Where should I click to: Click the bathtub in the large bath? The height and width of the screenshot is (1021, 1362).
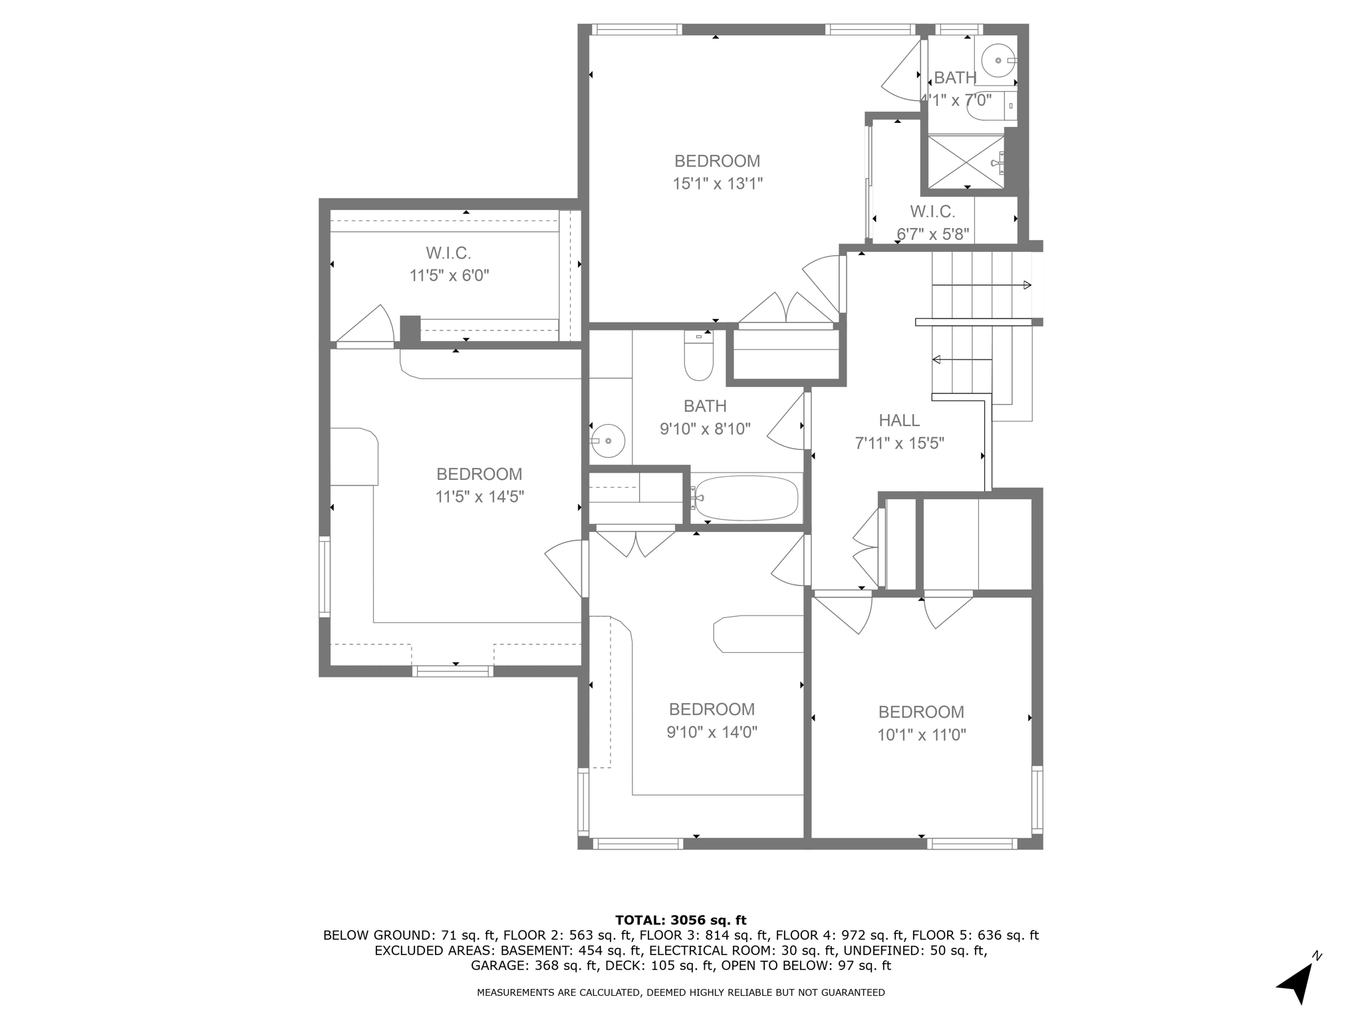[745, 499]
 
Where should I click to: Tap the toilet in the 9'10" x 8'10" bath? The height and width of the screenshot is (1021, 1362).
[698, 357]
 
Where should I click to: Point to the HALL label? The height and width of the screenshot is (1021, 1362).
[899, 420]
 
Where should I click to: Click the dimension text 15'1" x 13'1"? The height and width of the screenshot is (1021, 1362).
[717, 183]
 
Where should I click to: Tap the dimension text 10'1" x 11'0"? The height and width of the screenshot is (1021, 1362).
[921, 735]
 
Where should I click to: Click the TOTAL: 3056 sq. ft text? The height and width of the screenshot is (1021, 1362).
[680, 920]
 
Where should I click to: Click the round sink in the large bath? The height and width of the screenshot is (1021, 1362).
[609, 441]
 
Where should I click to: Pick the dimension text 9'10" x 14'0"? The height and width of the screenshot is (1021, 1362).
[712, 732]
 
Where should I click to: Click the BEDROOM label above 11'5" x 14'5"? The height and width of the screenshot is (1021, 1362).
[479, 474]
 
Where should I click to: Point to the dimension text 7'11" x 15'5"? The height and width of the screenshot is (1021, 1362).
[899, 443]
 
